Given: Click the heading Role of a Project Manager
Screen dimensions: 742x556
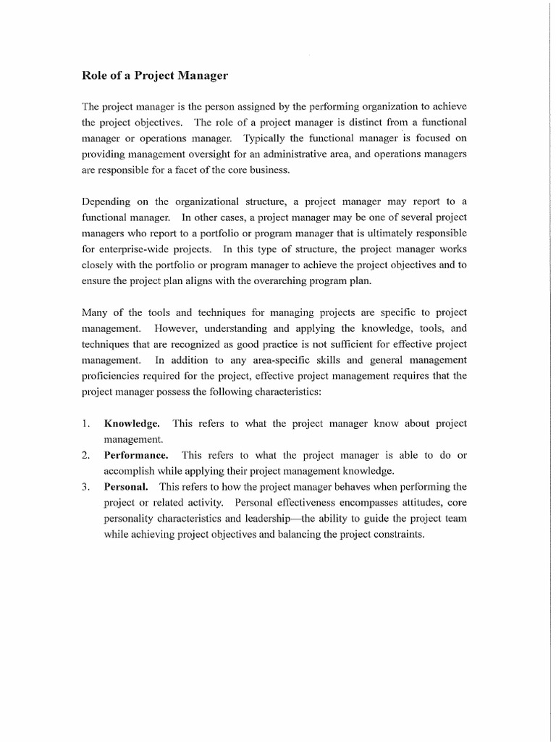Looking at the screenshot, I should tap(153, 75).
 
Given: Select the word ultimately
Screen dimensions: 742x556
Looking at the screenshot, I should tap(396, 233).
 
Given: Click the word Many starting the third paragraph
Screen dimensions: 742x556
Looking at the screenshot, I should tap(96, 312).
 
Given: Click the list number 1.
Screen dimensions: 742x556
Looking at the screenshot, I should tap(85, 423).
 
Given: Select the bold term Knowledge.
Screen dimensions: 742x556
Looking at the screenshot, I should tap(132, 423).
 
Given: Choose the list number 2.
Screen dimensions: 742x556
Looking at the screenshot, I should tap(85, 455).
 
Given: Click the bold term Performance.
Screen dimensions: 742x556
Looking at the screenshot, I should tap(136, 455).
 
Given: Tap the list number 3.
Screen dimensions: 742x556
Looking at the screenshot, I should tap(85, 487).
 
